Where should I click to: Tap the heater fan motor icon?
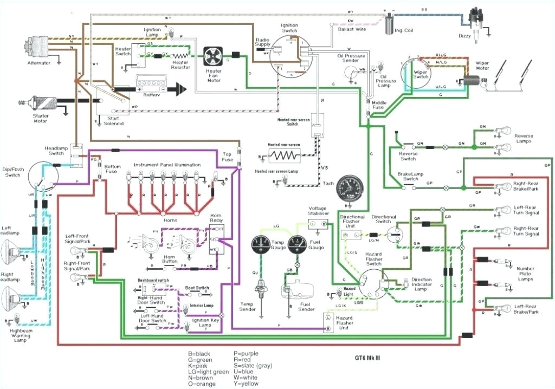pos(214,56)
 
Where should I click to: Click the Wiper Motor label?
pos(482,66)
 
